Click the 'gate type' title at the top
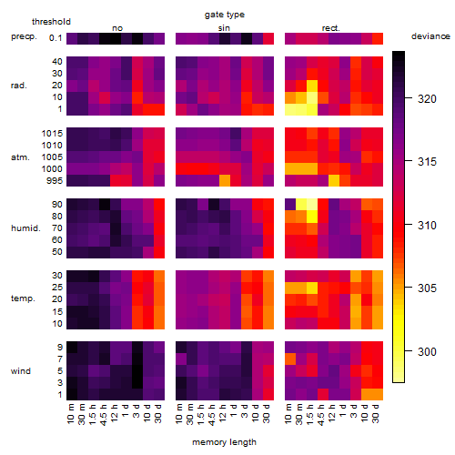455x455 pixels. tap(225, 15)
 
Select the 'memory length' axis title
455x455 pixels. tap(224, 442)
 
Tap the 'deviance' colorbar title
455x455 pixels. tap(430, 36)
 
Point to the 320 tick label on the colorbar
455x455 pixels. tap(427, 99)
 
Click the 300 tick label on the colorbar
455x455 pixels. tap(427, 352)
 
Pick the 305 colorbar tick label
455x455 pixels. tap(427, 288)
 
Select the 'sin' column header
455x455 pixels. tap(224, 28)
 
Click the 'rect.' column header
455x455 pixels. tap(331, 28)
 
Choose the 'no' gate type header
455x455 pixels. tap(117, 28)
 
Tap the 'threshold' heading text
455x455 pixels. tap(51, 22)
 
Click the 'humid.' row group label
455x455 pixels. tap(25, 228)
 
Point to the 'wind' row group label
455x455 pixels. tap(21, 371)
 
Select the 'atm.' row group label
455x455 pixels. tap(20, 157)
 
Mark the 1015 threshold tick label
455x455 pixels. tap(52, 134)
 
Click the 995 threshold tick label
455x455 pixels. tap(55, 181)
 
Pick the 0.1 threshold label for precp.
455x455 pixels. tap(56, 38)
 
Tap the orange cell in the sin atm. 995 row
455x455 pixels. tap(225, 181)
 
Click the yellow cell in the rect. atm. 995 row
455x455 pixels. tap(334, 181)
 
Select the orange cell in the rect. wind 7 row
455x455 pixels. tap(290, 359)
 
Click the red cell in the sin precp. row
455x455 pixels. tap(268, 38)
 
